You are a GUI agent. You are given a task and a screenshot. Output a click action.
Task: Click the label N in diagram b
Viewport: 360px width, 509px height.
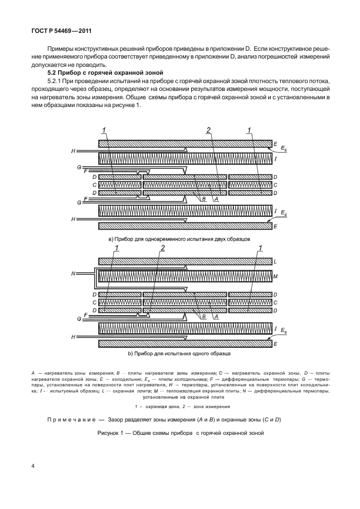[x=73, y=274]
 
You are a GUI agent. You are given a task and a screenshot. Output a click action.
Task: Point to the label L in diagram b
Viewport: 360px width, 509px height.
[x=275, y=261]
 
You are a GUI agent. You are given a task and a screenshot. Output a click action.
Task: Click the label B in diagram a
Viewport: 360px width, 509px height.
[x=205, y=198]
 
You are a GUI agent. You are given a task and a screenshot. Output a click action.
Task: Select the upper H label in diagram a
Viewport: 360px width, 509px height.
[x=73, y=151]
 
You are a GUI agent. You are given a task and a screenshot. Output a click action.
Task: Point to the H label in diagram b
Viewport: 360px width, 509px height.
[x=73, y=337]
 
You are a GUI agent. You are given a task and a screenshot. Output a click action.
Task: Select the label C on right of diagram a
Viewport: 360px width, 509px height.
[x=275, y=185]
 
